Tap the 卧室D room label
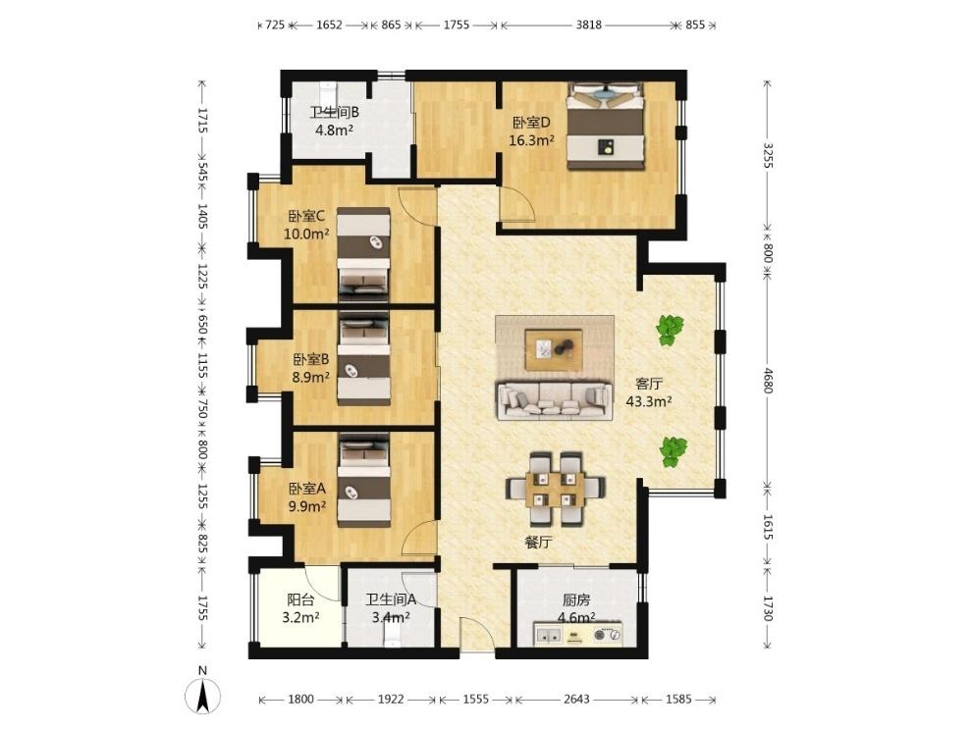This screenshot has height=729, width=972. tap(531, 123)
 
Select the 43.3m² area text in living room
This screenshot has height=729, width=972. tap(649, 401)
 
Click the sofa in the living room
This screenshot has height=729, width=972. tap(554, 400)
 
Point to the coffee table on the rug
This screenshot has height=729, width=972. tap(554, 350)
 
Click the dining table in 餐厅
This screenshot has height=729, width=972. tap(556, 490)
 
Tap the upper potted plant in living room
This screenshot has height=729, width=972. tap(670, 330)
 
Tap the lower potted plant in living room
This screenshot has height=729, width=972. tap(673, 451)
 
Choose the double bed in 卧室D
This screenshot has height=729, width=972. tap(606, 127)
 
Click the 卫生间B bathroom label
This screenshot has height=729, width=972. tap(335, 113)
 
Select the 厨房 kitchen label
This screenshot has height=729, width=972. tap(576, 600)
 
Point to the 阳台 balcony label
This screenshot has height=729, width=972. tap(300, 599)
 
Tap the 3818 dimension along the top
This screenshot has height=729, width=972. tap(588, 25)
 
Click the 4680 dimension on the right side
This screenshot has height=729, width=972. tap(768, 381)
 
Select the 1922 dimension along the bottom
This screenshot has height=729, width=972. tap(391, 700)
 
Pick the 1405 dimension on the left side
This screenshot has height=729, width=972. tap(202, 216)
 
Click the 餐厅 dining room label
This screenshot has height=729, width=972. tap(538, 543)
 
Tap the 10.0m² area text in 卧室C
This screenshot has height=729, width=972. tap(306, 234)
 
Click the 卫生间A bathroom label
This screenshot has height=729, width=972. tap(391, 599)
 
